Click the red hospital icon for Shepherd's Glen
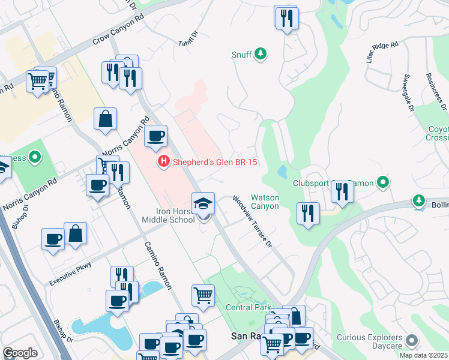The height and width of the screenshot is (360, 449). [162, 162]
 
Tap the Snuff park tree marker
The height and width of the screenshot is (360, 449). [261, 55]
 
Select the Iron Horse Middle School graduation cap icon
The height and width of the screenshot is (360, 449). [203, 204]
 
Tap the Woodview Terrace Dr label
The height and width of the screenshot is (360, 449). [253, 221]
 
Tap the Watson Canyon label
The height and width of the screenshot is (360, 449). [265, 202]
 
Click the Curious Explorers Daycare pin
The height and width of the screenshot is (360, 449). [412, 341]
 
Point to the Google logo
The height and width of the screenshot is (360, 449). [20, 353]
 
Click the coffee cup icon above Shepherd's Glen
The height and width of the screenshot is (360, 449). [156, 136]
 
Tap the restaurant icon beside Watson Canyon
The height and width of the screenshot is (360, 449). [309, 214]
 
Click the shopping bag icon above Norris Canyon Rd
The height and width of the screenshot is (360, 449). [106, 119]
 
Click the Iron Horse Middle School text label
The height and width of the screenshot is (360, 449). [167, 215]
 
